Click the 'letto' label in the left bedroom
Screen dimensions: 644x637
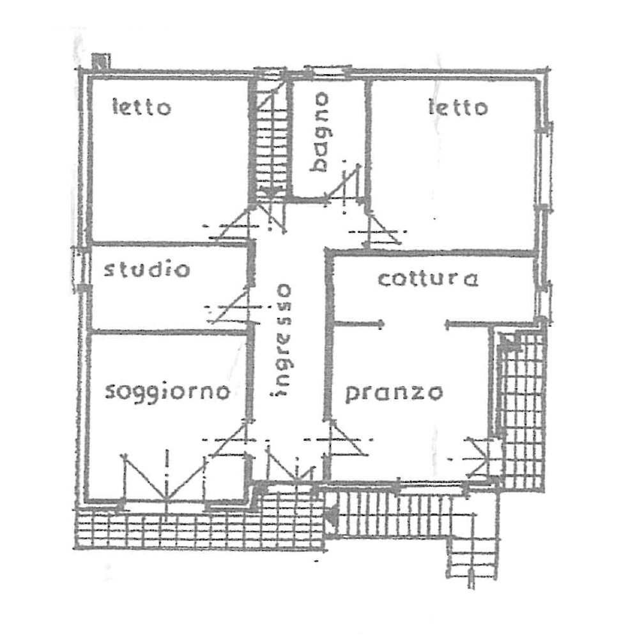pyautogui.click(x=142, y=107)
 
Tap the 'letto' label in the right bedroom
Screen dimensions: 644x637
pyautogui.click(x=458, y=107)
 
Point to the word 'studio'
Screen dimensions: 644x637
pyautogui.click(x=147, y=269)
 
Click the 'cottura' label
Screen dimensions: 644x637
pyautogui.click(x=428, y=279)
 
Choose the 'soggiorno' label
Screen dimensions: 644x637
pyautogui.click(x=167, y=392)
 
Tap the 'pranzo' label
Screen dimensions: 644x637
pyautogui.click(x=394, y=393)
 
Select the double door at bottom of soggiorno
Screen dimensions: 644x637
pyautogui.click(x=165, y=477)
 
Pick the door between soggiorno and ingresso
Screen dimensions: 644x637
pyautogui.click(x=229, y=439)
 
